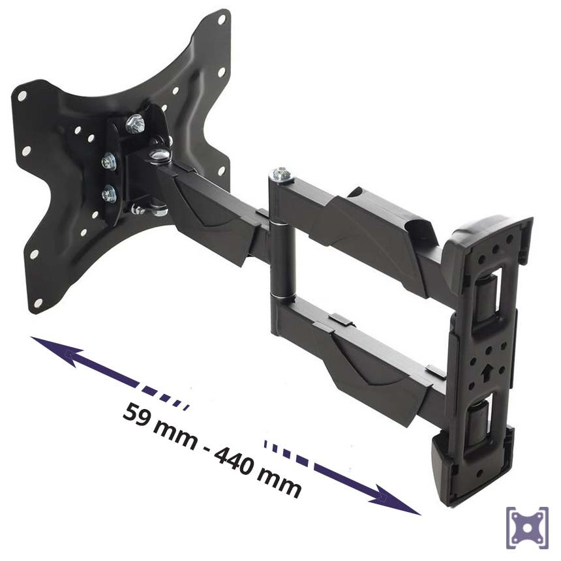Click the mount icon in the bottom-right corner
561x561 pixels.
coord(527,528)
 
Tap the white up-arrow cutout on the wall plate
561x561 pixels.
coord(486,374)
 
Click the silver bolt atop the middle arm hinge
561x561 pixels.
coord(281,174)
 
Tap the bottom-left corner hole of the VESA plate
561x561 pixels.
coord(37,303)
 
